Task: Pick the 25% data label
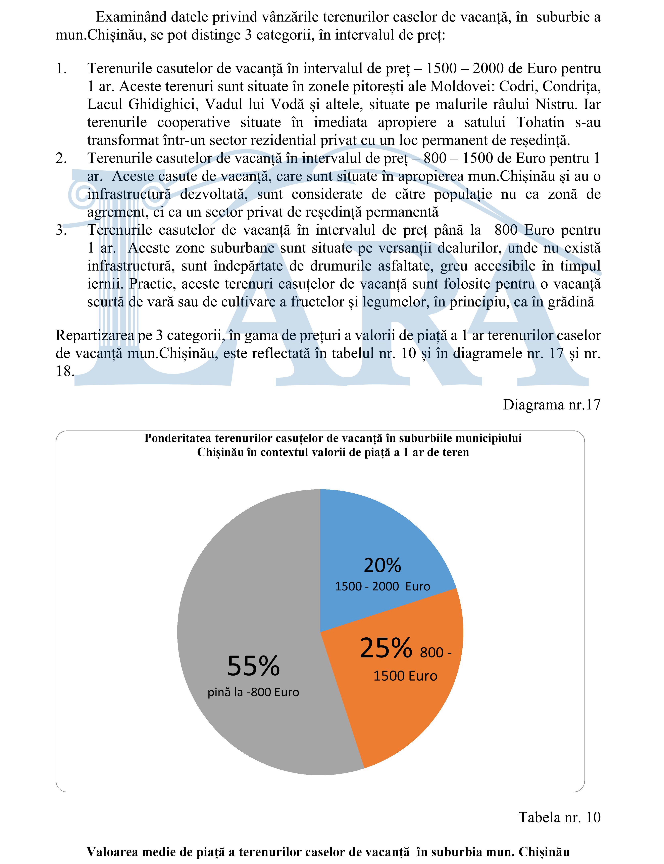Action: pyautogui.click(x=386, y=648)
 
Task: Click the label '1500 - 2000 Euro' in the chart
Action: pyautogui.click(x=382, y=586)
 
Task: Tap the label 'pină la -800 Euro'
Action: pyautogui.click(x=253, y=692)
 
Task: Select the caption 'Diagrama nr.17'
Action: pyautogui.click(x=551, y=405)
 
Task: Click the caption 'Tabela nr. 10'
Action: pyautogui.click(x=559, y=817)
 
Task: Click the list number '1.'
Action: pyautogui.click(x=61, y=68)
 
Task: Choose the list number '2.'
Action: pyautogui.click(x=61, y=158)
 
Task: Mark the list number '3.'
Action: pyautogui.click(x=61, y=230)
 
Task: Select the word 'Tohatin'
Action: pyautogui.click(x=540, y=122)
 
